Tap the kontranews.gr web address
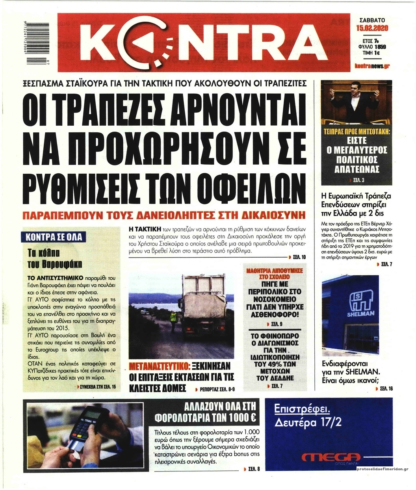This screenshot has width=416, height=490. pos(372,66)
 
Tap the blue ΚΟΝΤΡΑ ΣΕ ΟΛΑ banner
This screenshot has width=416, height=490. pos(54,237)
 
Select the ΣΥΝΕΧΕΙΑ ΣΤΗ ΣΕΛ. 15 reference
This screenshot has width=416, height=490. pos(97,387)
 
